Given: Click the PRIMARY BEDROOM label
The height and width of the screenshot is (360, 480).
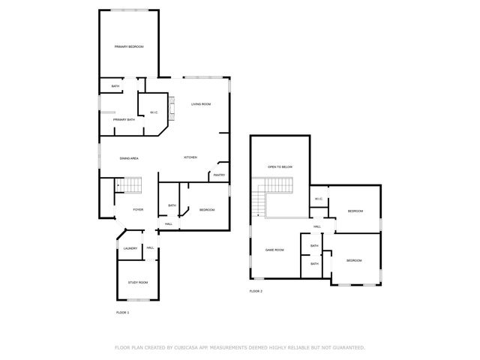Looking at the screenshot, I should pyautogui.click(x=129, y=46).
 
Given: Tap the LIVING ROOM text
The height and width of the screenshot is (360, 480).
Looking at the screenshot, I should pyautogui.click(x=200, y=103).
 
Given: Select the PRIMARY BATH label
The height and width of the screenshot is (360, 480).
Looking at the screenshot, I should pyautogui.click(x=124, y=119).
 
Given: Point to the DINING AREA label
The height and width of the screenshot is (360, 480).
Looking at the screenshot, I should pyautogui.click(x=129, y=158).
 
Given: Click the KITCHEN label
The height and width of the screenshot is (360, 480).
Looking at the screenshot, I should pyautogui.click(x=190, y=157).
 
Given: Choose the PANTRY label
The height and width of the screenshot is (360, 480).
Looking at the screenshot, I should pyautogui.click(x=219, y=175).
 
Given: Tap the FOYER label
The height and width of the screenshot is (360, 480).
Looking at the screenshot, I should pyautogui.click(x=138, y=209).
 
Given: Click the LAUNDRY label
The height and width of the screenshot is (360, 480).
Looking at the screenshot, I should pyautogui.click(x=129, y=248).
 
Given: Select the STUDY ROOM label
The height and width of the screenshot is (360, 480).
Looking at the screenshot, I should pyautogui.click(x=138, y=282).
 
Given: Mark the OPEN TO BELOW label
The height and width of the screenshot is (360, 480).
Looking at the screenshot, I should pyautogui.click(x=280, y=166).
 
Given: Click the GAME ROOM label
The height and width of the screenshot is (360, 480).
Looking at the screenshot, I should pyautogui.click(x=274, y=250).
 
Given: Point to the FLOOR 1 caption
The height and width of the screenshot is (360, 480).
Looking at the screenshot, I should pyautogui.click(x=122, y=312).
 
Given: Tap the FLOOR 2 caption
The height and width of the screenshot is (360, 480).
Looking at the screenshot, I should pyautogui.click(x=256, y=291).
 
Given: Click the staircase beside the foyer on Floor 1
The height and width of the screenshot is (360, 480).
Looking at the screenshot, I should pyautogui.click(x=132, y=184).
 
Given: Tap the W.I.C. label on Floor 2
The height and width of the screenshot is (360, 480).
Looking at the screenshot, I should pyautogui.click(x=318, y=199).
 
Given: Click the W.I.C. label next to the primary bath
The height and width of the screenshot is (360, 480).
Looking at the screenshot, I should pyautogui.click(x=153, y=112).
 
